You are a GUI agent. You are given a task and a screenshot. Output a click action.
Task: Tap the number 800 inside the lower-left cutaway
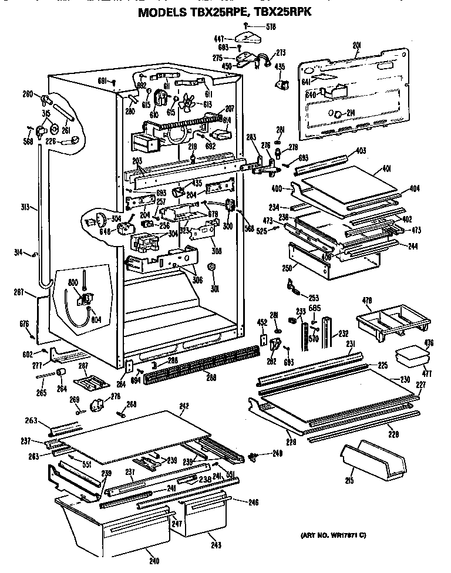[73, 283]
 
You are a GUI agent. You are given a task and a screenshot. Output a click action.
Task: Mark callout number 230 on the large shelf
[405, 380]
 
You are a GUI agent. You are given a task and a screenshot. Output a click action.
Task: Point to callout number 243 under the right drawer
[216, 545]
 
